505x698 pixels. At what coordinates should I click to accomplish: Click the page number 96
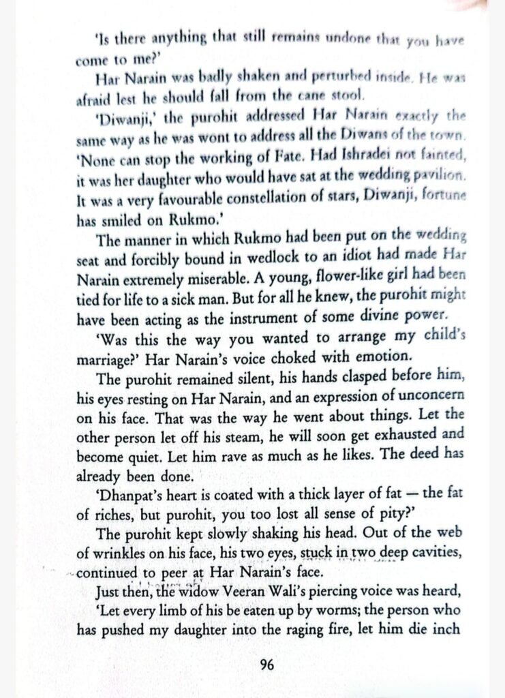pos(267,664)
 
